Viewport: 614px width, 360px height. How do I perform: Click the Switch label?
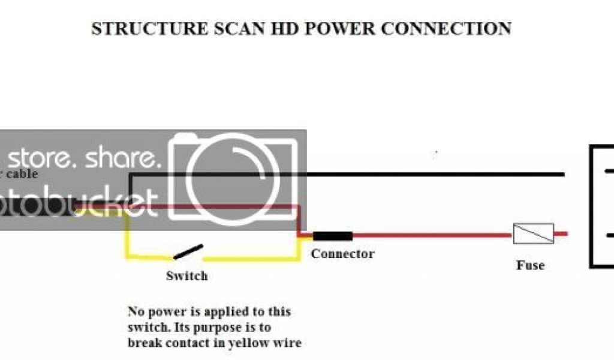186,276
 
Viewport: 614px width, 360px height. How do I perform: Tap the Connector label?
342,254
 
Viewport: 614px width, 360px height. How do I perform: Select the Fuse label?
530,265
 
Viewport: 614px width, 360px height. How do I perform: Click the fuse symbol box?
533,233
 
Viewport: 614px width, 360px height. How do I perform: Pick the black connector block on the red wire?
332,236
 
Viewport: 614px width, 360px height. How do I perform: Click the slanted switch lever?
188,252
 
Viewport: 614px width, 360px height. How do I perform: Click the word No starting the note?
136,312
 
